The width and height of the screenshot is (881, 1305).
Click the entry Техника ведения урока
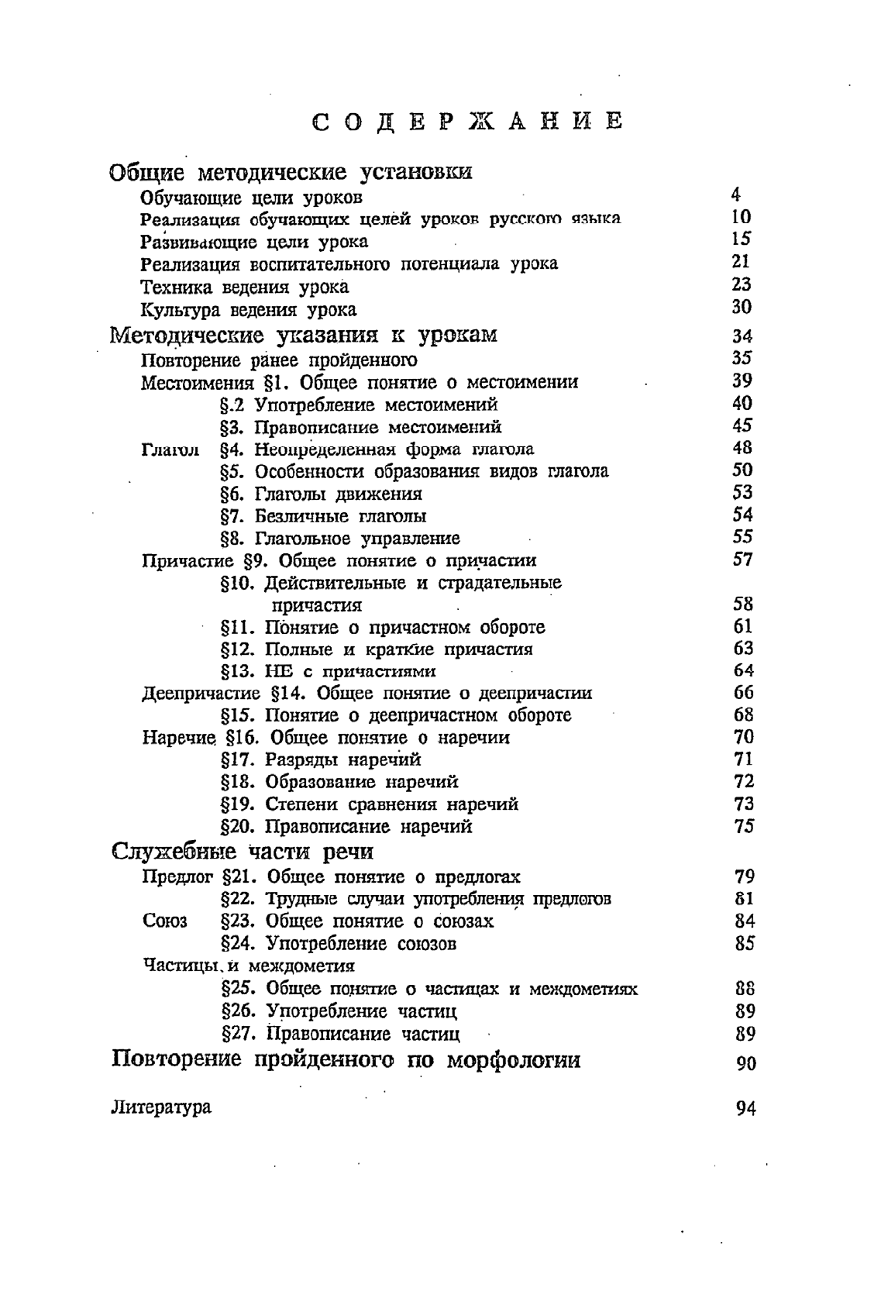[x=245, y=287]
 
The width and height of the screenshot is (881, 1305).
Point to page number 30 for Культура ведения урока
[x=742, y=307]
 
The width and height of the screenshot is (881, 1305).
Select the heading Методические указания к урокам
[x=304, y=336]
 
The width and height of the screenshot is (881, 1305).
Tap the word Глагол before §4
[x=170, y=449]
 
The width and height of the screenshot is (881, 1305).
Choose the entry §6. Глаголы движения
[x=322, y=494]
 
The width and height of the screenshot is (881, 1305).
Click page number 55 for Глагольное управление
[x=742, y=536]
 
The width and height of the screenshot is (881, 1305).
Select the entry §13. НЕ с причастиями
[x=329, y=671]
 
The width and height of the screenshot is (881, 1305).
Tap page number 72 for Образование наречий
[x=744, y=781]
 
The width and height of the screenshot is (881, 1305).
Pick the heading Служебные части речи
[x=243, y=852]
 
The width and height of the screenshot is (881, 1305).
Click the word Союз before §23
[x=165, y=921]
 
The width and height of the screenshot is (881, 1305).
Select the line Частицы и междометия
[x=250, y=966]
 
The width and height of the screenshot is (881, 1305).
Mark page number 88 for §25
[x=745, y=989]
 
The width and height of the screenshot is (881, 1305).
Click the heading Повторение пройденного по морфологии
[x=346, y=1059]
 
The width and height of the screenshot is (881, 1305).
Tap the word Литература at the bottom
[x=161, y=1107]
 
